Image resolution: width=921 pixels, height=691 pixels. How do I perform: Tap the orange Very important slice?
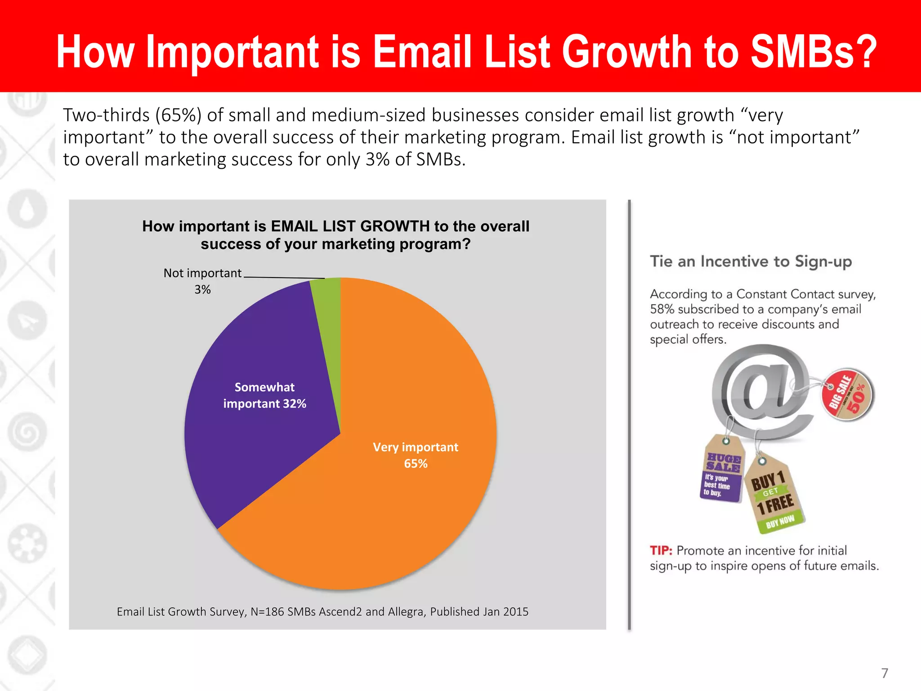(396, 495)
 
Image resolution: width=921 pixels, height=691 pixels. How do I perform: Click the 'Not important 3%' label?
(202, 281)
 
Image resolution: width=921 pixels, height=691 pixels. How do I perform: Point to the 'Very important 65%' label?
(416, 455)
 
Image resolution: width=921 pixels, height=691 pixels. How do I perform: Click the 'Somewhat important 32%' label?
(264, 395)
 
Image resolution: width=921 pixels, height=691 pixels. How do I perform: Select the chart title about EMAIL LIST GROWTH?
(335, 235)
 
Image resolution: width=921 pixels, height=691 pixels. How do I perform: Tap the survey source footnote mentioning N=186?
(322, 611)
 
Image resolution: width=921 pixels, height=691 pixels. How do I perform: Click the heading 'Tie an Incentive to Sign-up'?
(751, 261)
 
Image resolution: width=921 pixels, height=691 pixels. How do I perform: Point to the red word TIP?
(661, 551)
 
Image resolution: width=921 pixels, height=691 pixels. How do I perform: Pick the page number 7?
(884, 673)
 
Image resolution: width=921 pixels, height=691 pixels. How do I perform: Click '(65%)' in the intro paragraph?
(178, 115)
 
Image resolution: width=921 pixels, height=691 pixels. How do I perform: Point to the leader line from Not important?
(283, 278)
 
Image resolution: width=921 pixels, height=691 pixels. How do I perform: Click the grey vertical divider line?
(629, 414)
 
